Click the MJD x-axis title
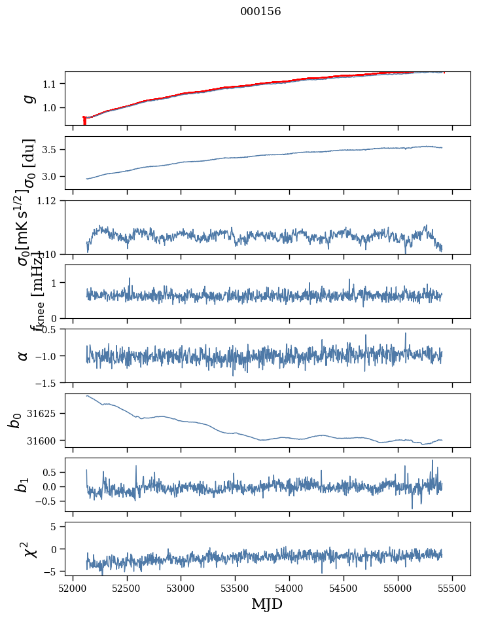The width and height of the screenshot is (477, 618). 267,604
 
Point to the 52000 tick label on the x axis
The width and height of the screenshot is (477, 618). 73,588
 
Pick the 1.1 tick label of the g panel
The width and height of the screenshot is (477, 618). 52,84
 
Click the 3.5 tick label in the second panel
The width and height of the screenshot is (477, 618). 52,150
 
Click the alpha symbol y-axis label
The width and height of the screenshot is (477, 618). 24,355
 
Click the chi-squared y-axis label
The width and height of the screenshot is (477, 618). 30,549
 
